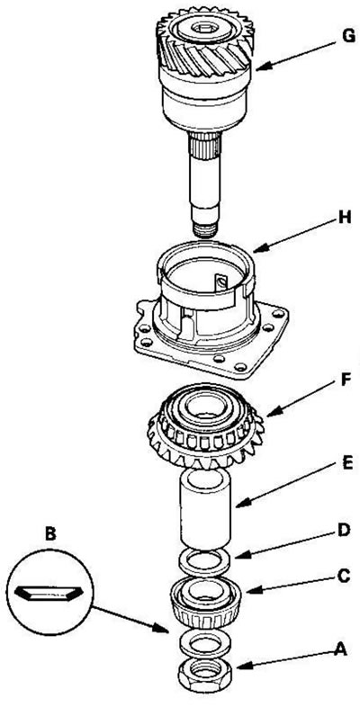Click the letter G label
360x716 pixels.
tap(349, 37)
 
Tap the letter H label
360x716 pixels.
tap(345, 218)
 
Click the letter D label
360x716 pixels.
tap(345, 531)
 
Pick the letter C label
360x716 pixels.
tap(345, 576)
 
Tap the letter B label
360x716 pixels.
tap(50, 534)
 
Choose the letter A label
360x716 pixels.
tap(339, 649)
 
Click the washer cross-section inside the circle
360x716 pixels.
tap(49, 593)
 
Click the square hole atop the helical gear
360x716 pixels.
tap(204, 29)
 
